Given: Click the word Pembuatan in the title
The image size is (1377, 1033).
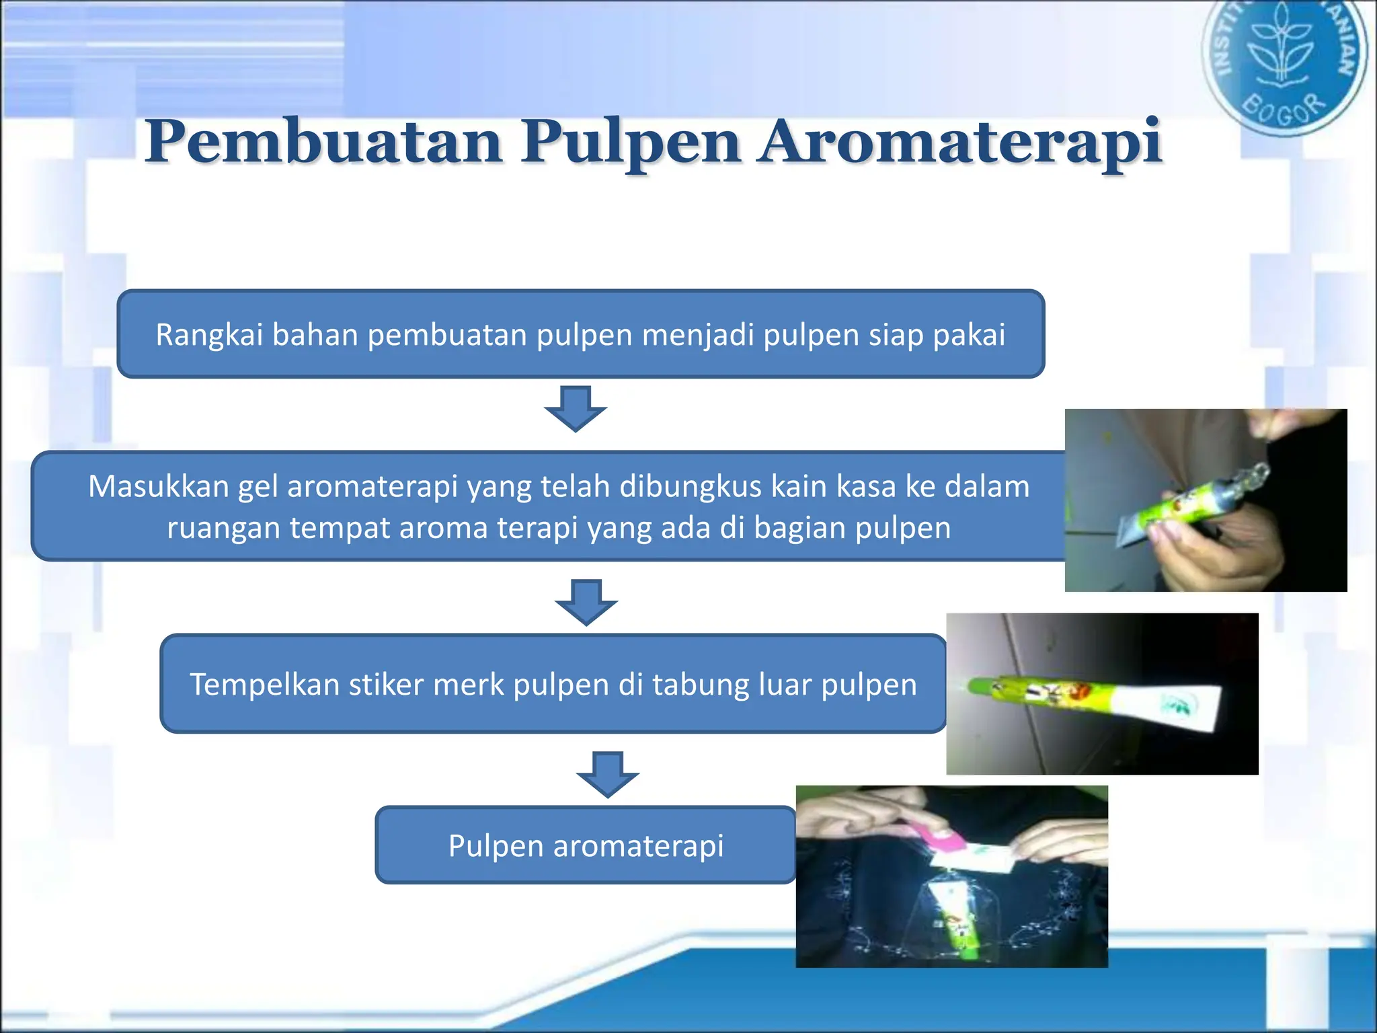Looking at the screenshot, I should tap(323, 143).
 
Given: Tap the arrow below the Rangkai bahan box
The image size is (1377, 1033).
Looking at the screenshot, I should tap(576, 408).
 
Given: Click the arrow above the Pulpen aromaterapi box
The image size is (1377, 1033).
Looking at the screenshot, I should tap(608, 774).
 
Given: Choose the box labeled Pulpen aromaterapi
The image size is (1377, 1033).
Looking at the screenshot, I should tap(585, 845).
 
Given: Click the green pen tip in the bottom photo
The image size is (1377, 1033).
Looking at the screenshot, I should tap(961, 938).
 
